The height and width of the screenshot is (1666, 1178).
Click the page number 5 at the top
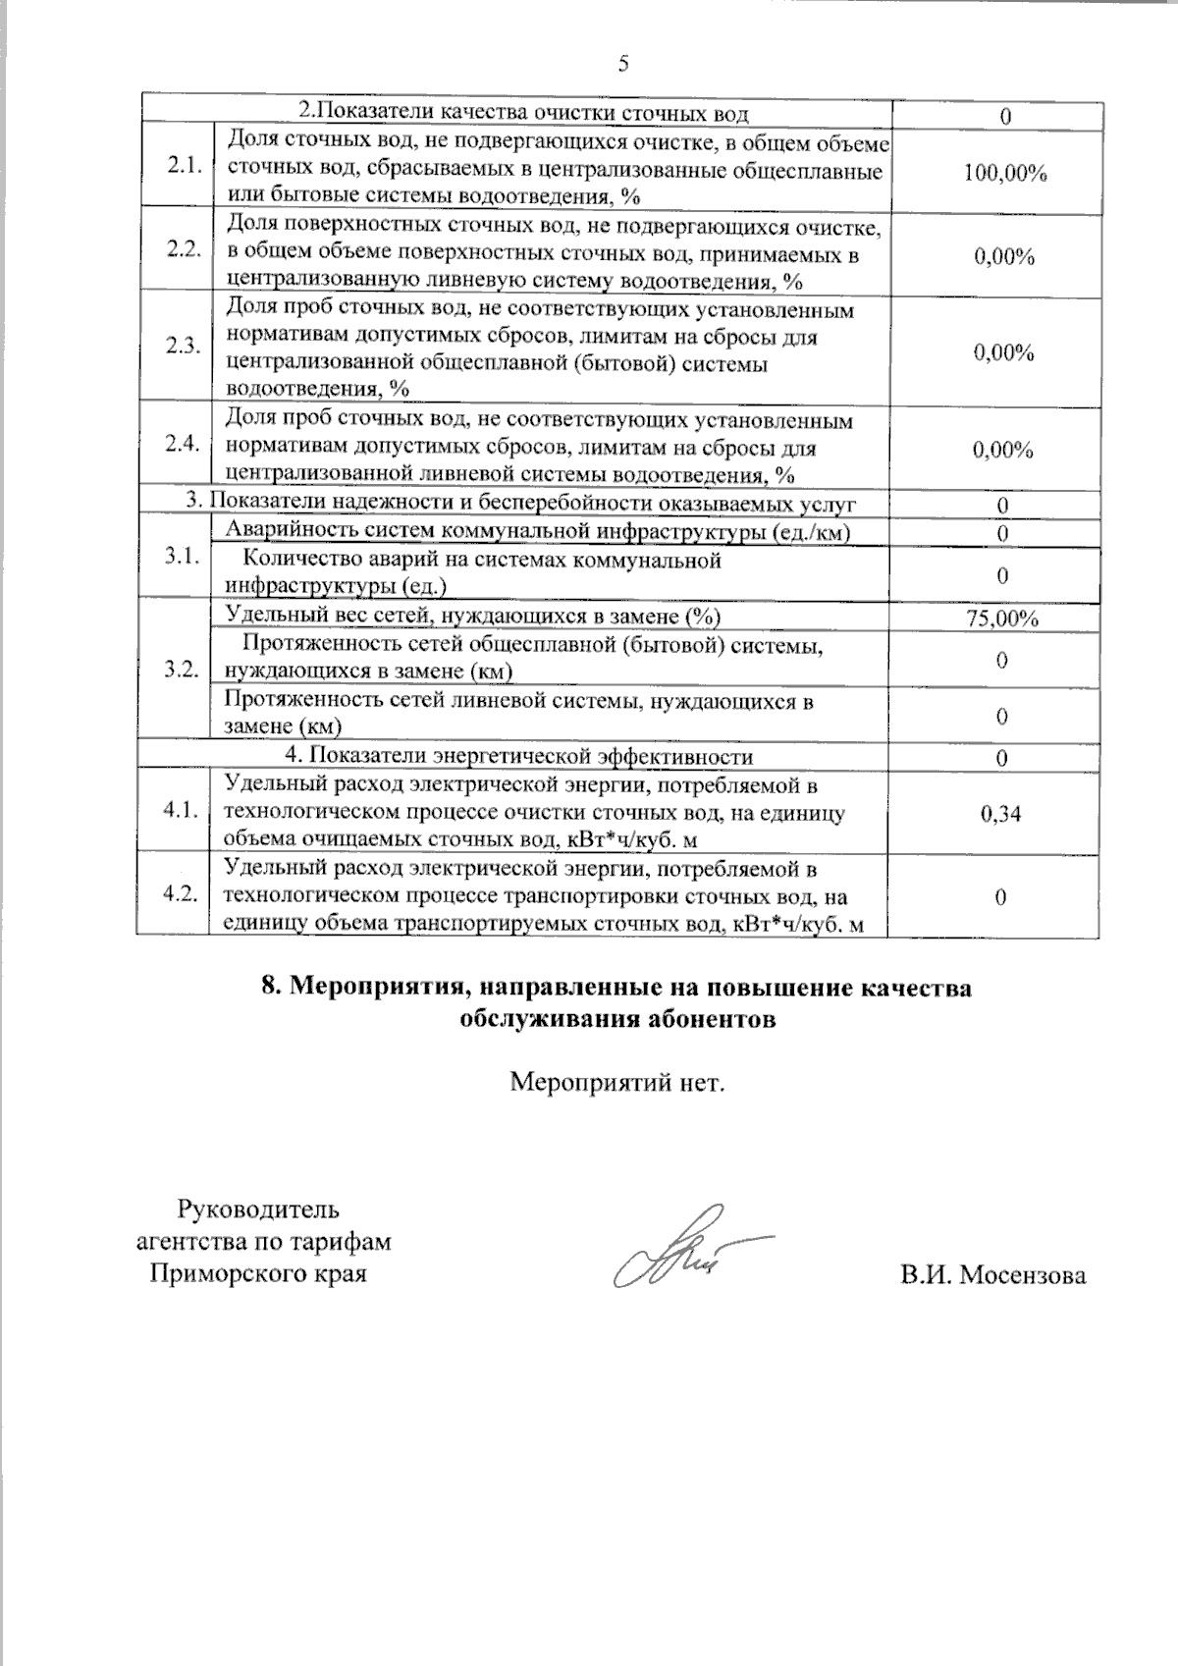(x=622, y=65)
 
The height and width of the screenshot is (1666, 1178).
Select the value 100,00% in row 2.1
(x=1004, y=174)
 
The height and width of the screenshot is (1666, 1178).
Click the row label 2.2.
(x=183, y=248)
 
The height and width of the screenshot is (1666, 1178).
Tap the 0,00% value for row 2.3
(x=1003, y=353)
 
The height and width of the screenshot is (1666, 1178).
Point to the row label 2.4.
(x=183, y=443)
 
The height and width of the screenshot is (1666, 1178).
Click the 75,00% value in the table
(x=1002, y=618)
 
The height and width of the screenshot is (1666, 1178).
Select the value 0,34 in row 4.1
(x=1000, y=813)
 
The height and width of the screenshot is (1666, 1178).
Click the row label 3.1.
(x=183, y=556)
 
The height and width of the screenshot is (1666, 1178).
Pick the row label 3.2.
(x=183, y=671)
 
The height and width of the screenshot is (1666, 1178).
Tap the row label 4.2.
(x=183, y=893)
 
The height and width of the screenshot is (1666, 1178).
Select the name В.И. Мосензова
(x=992, y=1276)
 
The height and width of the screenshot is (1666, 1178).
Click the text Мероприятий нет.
(x=617, y=1084)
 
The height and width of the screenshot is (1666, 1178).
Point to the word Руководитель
(x=257, y=1209)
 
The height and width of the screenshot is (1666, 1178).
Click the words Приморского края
(x=257, y=1274)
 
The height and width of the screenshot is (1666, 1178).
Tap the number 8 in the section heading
(x=270, y=988)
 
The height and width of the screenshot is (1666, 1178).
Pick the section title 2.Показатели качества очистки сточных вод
(x=523, y=114)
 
